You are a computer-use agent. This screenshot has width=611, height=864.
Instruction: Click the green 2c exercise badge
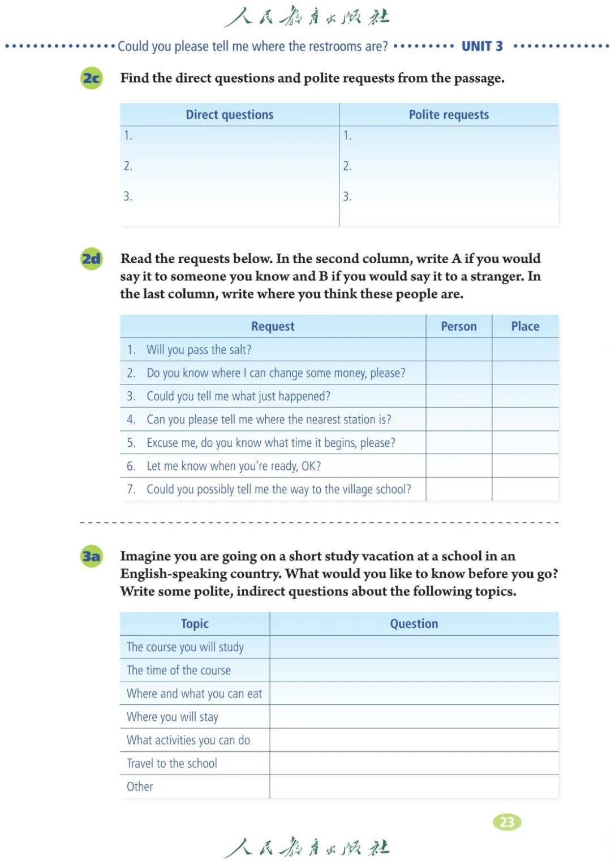pos(92,78)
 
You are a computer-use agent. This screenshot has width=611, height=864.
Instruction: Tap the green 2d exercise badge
pos(92,259)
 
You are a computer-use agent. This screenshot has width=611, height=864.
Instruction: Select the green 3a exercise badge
pos(92,556)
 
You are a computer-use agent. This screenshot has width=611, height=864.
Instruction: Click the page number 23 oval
pos(507,822)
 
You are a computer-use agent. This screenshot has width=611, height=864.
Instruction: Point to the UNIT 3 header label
pos(482,46)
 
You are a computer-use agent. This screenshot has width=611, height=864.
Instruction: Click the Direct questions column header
pos(229,115)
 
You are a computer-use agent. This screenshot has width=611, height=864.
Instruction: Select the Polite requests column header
pos(449,115)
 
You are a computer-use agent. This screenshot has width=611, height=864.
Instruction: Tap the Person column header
pos(459,327)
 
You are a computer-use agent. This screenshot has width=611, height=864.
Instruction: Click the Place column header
pos(525,327)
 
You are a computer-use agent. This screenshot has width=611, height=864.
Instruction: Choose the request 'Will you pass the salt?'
pos(199,350)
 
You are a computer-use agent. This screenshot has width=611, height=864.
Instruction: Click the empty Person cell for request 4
pos(459,420)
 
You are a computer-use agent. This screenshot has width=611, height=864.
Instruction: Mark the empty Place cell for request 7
pos(525,489)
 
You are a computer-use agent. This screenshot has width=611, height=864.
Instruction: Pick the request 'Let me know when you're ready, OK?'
pos(233,466)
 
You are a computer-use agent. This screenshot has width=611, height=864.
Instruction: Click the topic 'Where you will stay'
pos(173,717)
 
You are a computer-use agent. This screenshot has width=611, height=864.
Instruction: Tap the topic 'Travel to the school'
pos(172,763)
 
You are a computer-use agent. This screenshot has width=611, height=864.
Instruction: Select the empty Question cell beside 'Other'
pos(414,786)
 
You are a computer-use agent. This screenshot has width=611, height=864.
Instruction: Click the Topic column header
pos(195,624)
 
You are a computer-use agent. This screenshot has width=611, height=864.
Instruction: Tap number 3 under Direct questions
pos(128,196)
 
